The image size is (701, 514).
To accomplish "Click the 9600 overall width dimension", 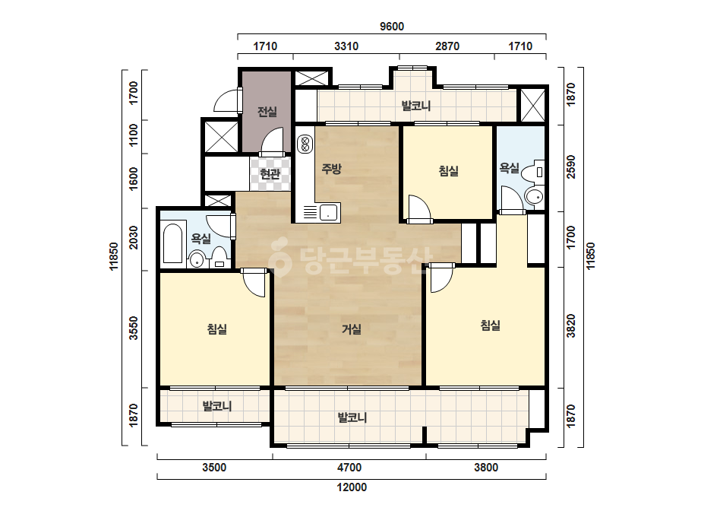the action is [x=392, y=27].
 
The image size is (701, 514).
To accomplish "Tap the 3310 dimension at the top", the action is [x=346, y=46].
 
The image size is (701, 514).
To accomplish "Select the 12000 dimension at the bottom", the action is [x=352, y=487].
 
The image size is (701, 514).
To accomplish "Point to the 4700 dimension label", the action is [x=349, y=468].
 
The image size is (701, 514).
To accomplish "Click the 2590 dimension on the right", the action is [x=571, y=167].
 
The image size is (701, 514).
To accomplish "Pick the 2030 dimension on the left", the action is [x=133, y=237].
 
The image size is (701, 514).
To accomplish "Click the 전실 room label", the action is [x=267, y=112].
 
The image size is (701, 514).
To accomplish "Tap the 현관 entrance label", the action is [x=270, y=173].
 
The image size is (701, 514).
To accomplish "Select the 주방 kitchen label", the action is [x=332, y=169].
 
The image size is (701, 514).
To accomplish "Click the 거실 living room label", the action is [x=352, y=329].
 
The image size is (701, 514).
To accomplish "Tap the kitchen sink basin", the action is [x=329, y=212].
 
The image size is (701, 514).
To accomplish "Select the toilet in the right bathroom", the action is [x=534, y=173].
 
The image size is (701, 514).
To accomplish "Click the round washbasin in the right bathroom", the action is [x=534, y=196].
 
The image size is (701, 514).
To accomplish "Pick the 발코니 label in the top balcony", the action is [x=415, y=106].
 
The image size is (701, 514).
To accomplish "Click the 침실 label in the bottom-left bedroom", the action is [x=217, y=329].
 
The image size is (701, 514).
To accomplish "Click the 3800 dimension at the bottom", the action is [x=486, y=468].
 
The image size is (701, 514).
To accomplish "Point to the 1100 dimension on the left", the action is [x=133, y=135].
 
